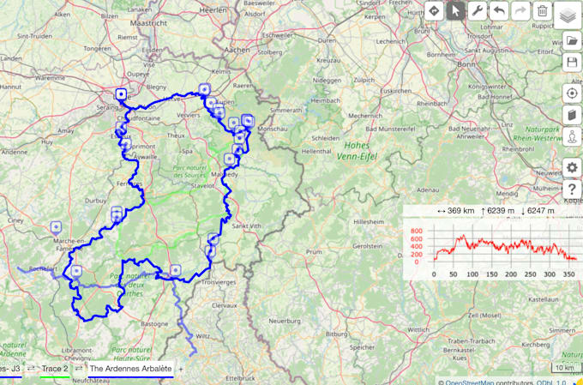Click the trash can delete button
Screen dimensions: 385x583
(x=542, y=11)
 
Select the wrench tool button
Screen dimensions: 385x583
(x=478, y=11)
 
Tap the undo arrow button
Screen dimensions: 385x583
(x=499, y=11)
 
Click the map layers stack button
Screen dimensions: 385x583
(x=569, y=15)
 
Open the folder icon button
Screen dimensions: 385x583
(x=572, y=41)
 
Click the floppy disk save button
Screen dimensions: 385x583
(x=572, y=63)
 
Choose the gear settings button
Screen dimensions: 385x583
(x=572, y=167)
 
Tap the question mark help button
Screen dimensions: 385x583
(x=572, y=189)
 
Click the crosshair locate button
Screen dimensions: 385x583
(x=572, y=93)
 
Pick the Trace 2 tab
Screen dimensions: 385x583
(x=55, y=369)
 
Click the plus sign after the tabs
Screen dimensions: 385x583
(x=181, y=369)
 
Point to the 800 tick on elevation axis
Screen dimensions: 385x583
(x=417, y=232)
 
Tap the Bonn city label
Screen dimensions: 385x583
(x=466, y=64)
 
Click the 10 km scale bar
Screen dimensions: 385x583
(x=564, y=369)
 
